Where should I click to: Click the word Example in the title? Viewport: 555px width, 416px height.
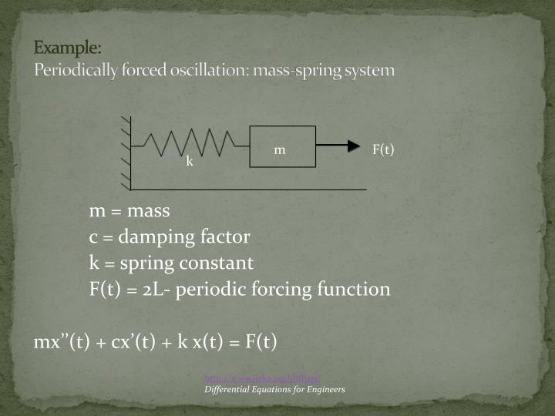click(68, 47)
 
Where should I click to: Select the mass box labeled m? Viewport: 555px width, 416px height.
click(282, 146)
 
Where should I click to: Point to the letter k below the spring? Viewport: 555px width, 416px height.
click(188, 163)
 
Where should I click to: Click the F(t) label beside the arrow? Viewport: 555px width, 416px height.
click(383, 149)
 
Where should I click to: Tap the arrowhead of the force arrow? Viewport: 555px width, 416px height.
click(353, 146)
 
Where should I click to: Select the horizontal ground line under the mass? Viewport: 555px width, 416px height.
click(247, 188)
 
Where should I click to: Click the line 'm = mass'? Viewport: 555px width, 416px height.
click(129, 210)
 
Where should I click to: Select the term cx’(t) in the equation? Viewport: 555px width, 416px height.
click(128, 341)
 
